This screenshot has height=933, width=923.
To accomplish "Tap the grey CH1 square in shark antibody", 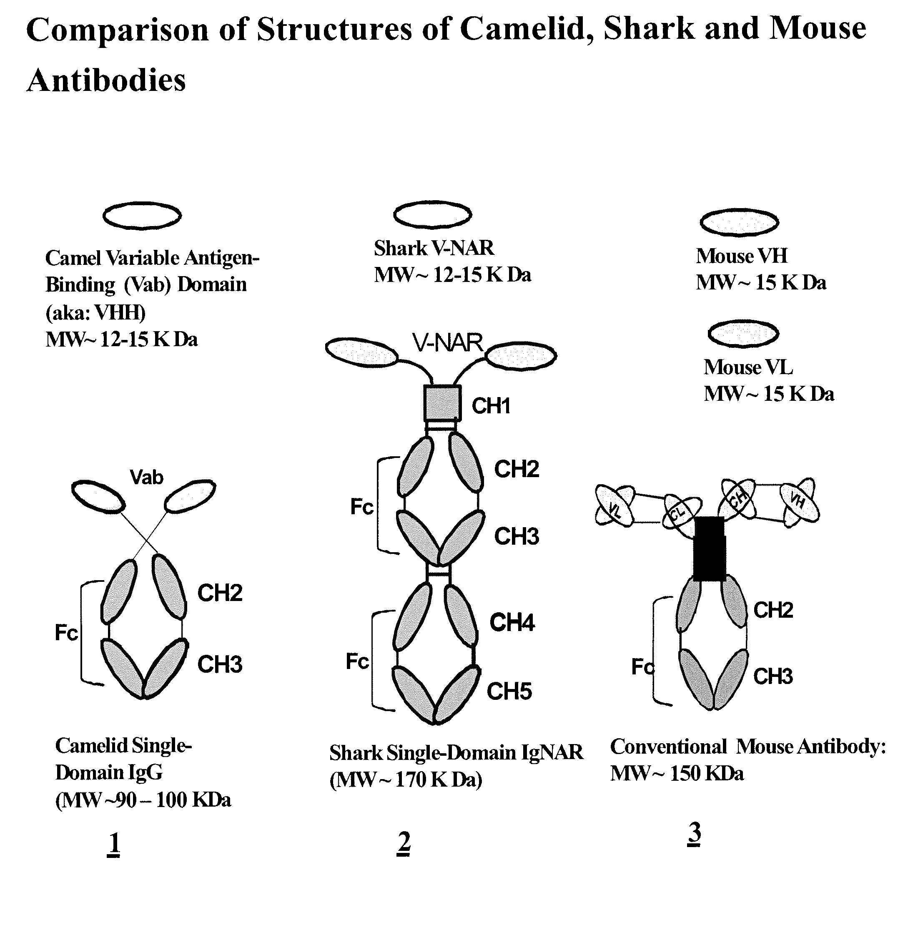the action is pyautogui.click(x=442, y=402).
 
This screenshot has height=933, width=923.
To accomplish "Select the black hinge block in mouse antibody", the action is pyautogui.click(x=709, y=548).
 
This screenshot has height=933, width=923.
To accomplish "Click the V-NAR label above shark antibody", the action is pyautogui.click(x=447, y=343).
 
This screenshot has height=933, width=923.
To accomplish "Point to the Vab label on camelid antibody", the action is pyautogui.click(x=147, y=477).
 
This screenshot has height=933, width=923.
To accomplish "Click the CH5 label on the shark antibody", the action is pyautogui.click(x=509, y=691).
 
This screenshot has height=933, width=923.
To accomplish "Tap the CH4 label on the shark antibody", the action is pyautogui.click(x=512, y=622).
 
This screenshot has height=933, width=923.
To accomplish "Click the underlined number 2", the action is pyautogui.click(x=404, y=844).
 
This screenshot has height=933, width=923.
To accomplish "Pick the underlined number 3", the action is pyautogui.click(x=694, y=834).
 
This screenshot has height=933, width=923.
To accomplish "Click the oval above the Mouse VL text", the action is pyautogui.click(x=743, y=333).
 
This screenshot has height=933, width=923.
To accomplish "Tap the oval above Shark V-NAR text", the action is pyautogui.click(x=433, y=214).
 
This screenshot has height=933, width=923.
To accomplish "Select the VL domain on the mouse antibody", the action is pyautogui.click(x=614, y=505).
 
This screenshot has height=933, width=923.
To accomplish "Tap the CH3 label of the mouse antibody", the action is pyautogui.click(x=773, y=676).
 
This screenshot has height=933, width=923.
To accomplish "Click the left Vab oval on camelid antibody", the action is pyautogui.click(x=98, y=496).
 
